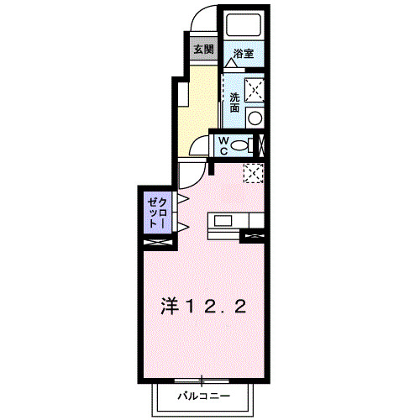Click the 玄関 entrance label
click(202, 49)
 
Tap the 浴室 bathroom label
click(244, 50)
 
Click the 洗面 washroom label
click(234, 102)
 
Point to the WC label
click(224, 145)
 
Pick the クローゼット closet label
click(157, 213)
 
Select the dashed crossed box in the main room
click(253, 172)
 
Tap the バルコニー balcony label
click(202, 394)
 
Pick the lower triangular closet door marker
click(181, 228)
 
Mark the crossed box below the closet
click(157, 242)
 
